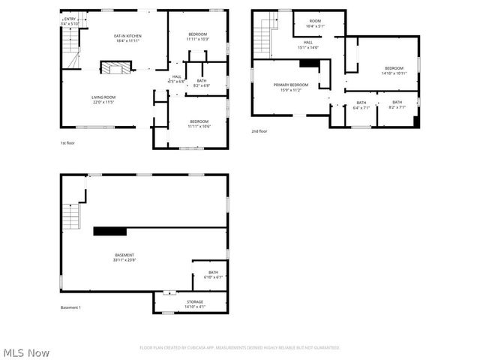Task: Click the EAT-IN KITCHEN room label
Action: [x=127, y=36]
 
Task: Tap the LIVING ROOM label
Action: [x=103, y=97]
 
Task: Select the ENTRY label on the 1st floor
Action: [x=70, y=19]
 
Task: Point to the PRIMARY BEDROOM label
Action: [x=290, y=85]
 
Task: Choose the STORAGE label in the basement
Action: [x=194, y=301]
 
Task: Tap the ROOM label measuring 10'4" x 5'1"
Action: [x=315, y=21]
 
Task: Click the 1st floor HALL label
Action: [x=177, y=76]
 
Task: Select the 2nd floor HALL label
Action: [x=308, y=43]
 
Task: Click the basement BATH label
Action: [x=214, y=272]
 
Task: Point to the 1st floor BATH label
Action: [x=202, y=81]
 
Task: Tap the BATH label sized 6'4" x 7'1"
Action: [x=361, y=103]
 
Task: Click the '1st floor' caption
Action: [x=68, y=142]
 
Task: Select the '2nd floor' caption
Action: [x=259, y=131]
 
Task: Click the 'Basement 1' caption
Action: [x=70, y=307]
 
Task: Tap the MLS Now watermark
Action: [x=26, y=352]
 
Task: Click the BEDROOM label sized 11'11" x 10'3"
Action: [x=199, y=36]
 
